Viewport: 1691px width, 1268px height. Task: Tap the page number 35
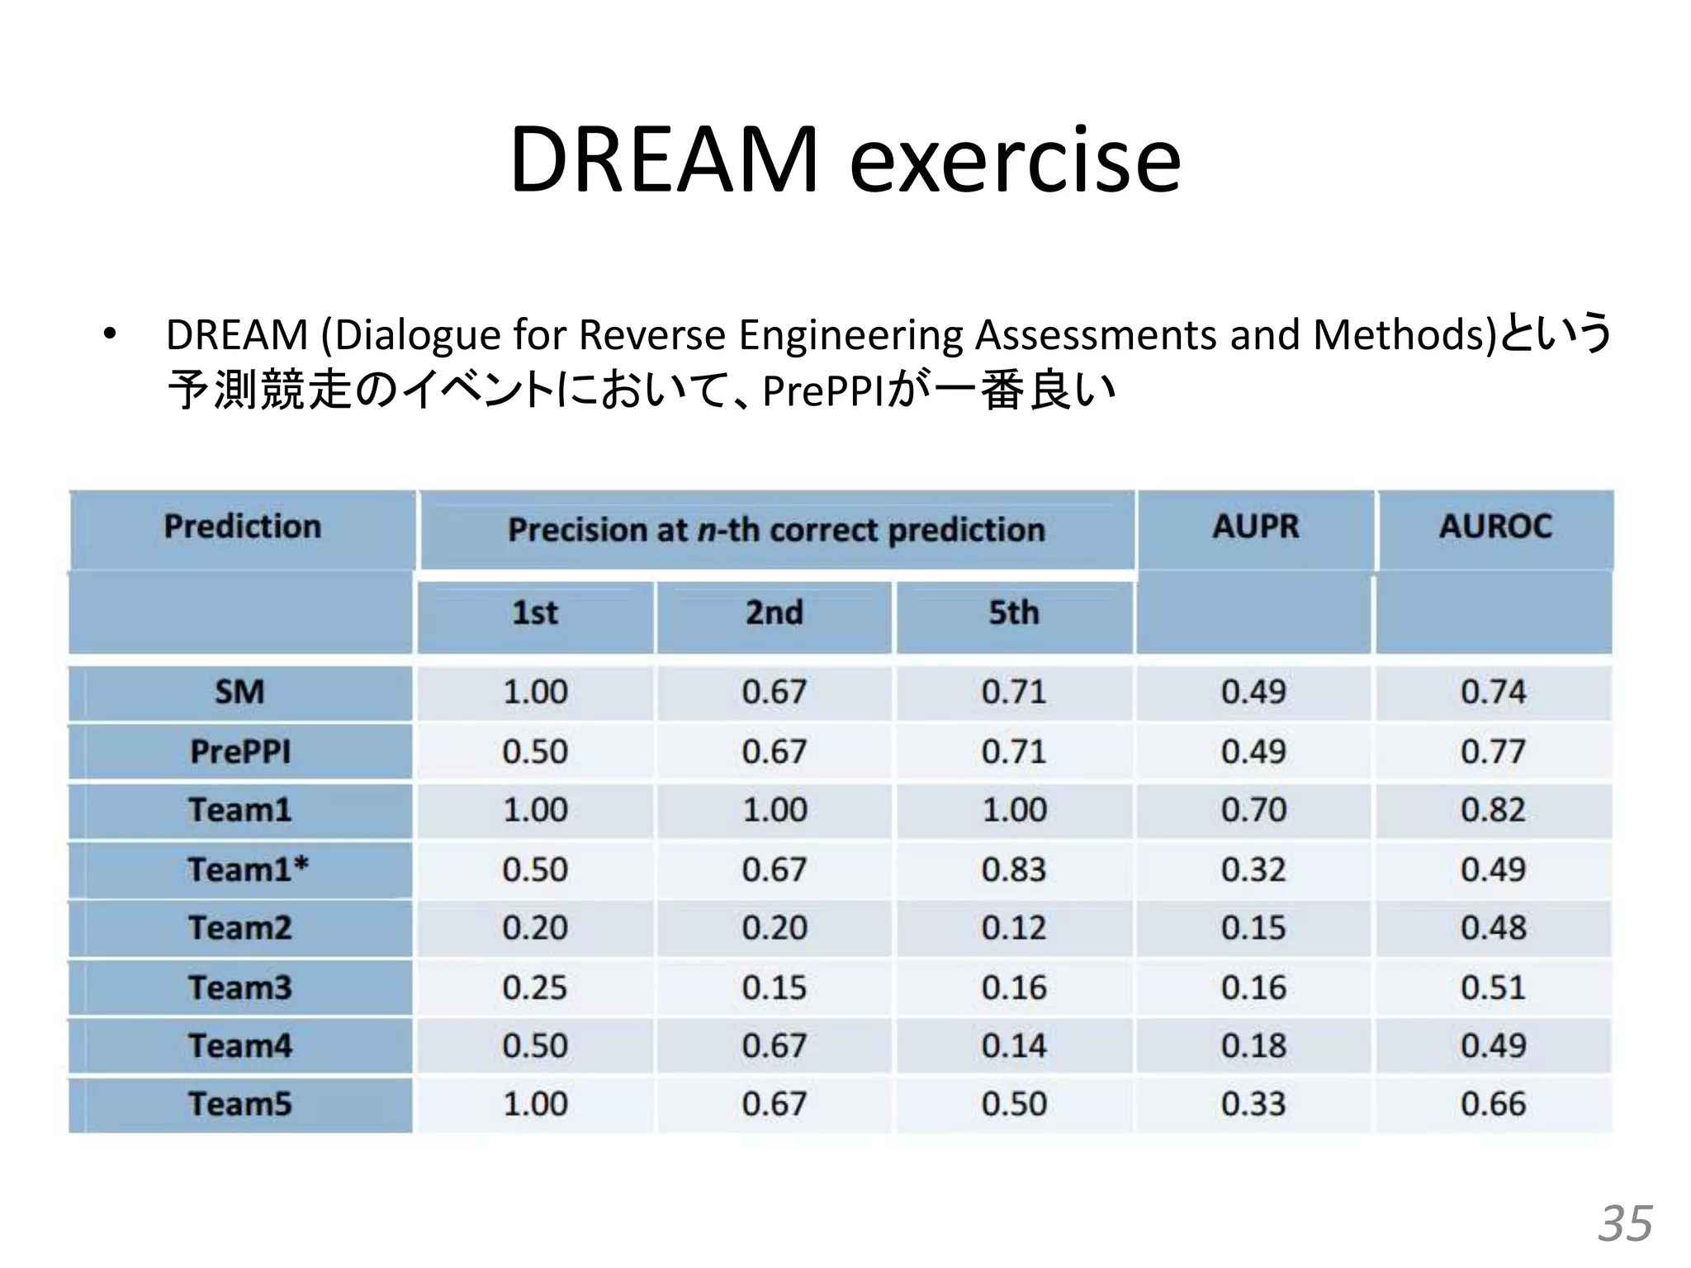1625,1223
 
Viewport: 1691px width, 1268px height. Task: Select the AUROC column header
1495,527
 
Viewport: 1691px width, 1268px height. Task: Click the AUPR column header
1255,527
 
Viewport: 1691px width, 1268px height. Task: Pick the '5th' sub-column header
1013,613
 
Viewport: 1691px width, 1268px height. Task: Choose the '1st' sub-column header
535,613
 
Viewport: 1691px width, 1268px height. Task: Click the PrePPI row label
240,752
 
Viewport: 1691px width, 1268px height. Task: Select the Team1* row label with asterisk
248,869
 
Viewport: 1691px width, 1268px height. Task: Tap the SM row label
240,692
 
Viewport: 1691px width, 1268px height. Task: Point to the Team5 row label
240,1105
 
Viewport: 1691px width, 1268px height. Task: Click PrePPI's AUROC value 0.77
1493,752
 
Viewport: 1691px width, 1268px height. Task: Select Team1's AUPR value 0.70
1253,810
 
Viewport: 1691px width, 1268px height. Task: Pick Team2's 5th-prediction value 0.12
1014,928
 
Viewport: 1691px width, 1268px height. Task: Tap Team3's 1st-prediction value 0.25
535,987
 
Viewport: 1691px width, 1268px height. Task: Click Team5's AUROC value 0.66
1493,1105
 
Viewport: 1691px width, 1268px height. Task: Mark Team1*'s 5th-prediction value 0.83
1014,869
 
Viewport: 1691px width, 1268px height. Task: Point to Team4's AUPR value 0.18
1253,1046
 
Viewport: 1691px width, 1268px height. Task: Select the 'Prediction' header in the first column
242,527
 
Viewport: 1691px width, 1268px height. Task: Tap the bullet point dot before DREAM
109,335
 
